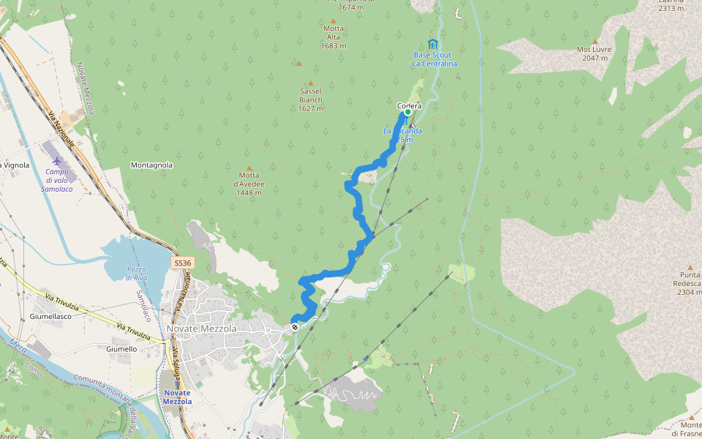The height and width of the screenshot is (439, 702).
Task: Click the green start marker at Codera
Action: coord(408,112)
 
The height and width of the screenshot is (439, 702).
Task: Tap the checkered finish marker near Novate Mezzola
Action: coord(294,327)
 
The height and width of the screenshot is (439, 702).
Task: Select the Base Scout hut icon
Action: coord(433,44)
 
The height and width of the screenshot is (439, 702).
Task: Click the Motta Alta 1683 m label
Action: coord(333,37)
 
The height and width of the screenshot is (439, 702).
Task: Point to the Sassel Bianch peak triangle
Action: coord(310,83)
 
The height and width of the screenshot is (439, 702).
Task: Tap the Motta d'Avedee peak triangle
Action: coord(249,168)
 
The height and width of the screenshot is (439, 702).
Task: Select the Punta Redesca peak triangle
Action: coord(690,268)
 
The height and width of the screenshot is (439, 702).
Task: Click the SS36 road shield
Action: coord(183,263)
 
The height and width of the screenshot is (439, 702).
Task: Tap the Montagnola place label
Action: coord(151,165)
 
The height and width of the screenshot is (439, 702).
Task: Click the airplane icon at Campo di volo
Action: coord(58,160)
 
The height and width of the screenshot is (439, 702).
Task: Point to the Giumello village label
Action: coord(121,349)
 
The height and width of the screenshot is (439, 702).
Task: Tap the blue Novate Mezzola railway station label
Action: coord(177,397)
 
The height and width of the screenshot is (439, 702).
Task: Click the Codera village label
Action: coord(409,106)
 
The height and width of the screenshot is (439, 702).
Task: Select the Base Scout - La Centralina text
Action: coord(433,59)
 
